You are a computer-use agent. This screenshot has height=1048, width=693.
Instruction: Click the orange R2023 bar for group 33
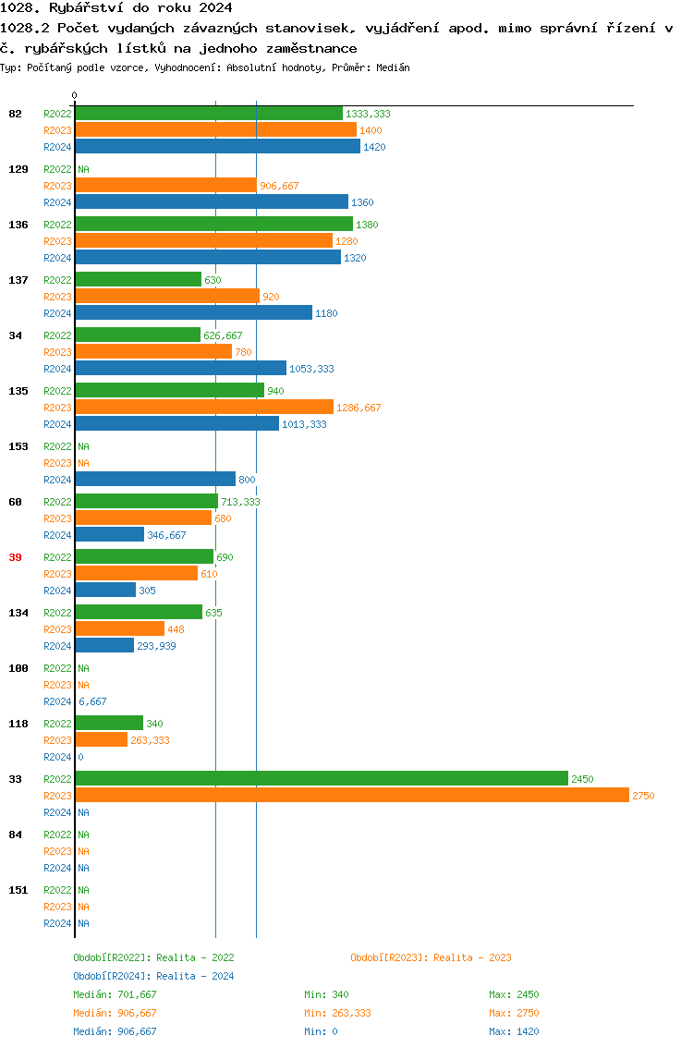pyautogui.click(x=351, y=796)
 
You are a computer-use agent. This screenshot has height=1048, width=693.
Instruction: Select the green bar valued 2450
pyautogui.click(x=321, y=779)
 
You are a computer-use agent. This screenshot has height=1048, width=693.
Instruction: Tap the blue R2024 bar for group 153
pyautogui.click(x=155, y=480)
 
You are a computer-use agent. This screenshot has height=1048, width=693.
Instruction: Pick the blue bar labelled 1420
pyautogui.click(x=217, y=147)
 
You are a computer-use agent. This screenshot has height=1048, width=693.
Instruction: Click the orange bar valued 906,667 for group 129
pyautogui.click(x=165, y=186)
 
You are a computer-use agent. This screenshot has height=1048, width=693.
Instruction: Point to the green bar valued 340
pyautogui.click(x=109, y=724)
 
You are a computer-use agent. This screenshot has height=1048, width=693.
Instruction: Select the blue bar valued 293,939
pyautogui.click(x=104, y=646)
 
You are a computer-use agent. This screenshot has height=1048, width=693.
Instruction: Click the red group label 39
pyautogui.click(x=15, y=557)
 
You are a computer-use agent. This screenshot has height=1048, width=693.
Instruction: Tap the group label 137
pyautogui.click(x=18, y=280)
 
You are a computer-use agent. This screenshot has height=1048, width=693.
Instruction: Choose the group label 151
pyautogui.click(x=18, y=890)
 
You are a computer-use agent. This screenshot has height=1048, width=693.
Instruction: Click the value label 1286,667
pyautogui.click(x=359, y=408)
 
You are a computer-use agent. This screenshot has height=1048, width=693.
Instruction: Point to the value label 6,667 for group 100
pyautogui.click(x=92, y=701)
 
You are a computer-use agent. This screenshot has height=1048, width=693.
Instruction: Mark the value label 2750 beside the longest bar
pyautogui.click(x=643, y=796)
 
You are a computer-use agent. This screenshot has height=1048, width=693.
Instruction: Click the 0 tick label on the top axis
pyautogui.click(x=75, y=95)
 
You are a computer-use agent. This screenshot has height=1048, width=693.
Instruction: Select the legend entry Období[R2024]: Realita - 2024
pyautogui.click(x=153, y=976)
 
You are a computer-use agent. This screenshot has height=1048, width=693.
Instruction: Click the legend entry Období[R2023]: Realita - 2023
pyautogui.click(x=431, y=957)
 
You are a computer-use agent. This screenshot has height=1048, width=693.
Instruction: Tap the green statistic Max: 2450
pyautogui.click(x=514, y=994)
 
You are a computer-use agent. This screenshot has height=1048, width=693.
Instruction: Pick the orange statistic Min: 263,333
pyautogui.click(x=338, y=1013)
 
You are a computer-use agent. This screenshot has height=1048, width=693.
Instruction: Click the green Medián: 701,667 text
pyautogui.click(x=115, y=994)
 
